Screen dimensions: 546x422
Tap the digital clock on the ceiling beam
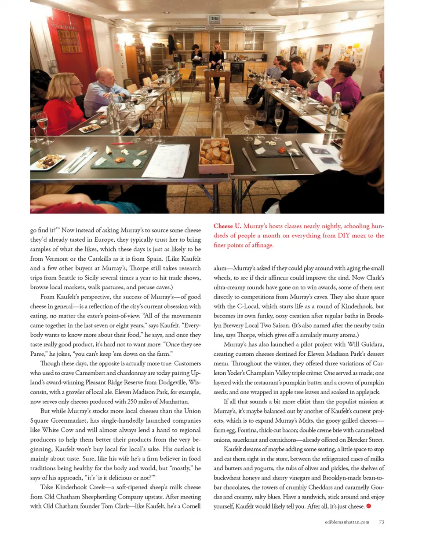tap(214, 19)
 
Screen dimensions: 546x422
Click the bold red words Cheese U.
tap(227, 226)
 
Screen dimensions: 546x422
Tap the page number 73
tap(382, 522)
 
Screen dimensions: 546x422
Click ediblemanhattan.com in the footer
tap(347, 522)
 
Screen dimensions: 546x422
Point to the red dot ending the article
tap(368, 506)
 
